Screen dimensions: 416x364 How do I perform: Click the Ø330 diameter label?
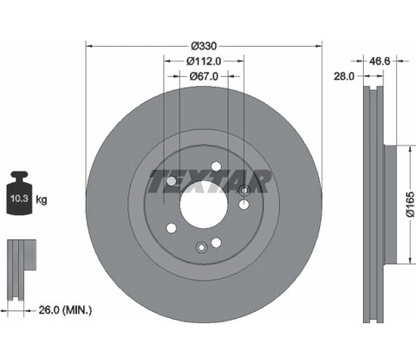pos(204,46)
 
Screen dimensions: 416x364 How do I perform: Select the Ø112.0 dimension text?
pos(204,62)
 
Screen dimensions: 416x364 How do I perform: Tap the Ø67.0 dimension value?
pos(204,76)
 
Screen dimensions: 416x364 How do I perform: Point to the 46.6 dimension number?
pos(380,61)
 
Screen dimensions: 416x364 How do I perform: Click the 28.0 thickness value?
pos(344,76)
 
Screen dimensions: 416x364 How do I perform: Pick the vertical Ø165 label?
pos(410,205)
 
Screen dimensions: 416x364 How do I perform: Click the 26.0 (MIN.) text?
pos(65,310)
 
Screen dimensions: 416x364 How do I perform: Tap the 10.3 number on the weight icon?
pos(19,198)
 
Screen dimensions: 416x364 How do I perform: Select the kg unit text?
pos(42,199)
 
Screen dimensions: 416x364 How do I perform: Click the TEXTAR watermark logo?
pos(210,181)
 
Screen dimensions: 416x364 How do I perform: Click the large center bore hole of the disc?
pos(204,205)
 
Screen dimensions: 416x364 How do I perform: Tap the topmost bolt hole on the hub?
pos(216,166)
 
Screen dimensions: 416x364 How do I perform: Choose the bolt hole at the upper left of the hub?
pos(172,181)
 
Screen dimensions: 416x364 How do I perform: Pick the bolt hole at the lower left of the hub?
pos(172,228)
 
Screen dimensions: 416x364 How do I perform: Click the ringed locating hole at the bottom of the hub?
pos(201,247)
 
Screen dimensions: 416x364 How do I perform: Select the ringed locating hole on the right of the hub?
pos(244,190)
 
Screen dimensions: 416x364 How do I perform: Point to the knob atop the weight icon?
pos(19,175)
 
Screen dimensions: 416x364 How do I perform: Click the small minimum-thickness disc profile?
pos(22,270)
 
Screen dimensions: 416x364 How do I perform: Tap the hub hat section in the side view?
pos(390,205)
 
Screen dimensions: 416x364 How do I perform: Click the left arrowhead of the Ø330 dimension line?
pos(89,46)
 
